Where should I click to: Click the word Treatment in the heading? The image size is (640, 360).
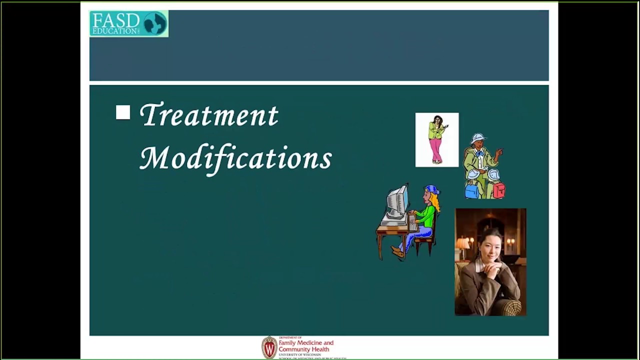tap(208, 115)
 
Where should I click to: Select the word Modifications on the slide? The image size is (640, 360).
tap(235, 158)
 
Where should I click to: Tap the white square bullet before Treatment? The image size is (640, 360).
tap(123, 112)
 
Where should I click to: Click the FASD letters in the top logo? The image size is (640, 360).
tap(115, 20)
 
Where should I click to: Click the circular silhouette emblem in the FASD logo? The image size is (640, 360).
tap(154, 23)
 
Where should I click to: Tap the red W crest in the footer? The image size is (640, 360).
tap(269, 347)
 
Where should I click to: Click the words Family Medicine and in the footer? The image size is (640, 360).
tap(305, 343)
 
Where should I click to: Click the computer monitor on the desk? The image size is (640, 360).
tap(397, 202)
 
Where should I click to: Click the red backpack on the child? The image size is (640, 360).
tap(498, 190)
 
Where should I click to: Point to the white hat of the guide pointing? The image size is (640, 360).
tap(478, 138)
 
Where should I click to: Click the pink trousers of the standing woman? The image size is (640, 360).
tap(436, 149)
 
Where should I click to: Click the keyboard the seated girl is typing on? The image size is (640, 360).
tap(413, 223)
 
